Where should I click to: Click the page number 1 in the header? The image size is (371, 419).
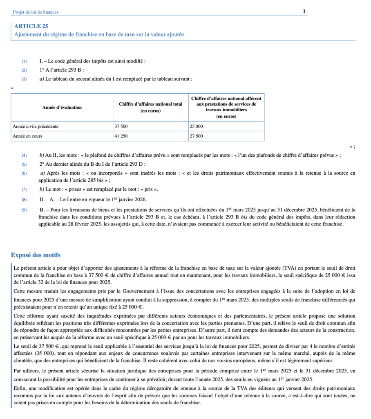click(304, 11)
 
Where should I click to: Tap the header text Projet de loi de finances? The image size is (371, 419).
click(36, 12)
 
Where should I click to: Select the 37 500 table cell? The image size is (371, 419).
click(121, 126)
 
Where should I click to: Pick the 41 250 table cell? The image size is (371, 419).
click(121, 136)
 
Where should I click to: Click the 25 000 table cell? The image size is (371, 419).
click(196, 126)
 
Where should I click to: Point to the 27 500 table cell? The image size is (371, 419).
click(196, 136)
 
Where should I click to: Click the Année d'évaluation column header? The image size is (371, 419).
click(62, 108)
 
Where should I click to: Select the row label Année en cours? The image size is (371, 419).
click(27, 136)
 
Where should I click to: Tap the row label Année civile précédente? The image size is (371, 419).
click(36, 126)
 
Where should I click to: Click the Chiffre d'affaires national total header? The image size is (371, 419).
click(150, 104)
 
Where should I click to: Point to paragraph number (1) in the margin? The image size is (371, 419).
click(24, 61)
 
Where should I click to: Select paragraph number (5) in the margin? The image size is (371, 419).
click(24, 164)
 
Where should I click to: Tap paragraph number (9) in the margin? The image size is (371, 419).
click(24, 210)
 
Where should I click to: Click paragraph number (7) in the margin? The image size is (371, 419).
click(24, 190)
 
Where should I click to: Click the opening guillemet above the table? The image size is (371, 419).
click(13, 88)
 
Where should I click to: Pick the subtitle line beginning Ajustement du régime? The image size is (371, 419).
click(99, 34)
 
